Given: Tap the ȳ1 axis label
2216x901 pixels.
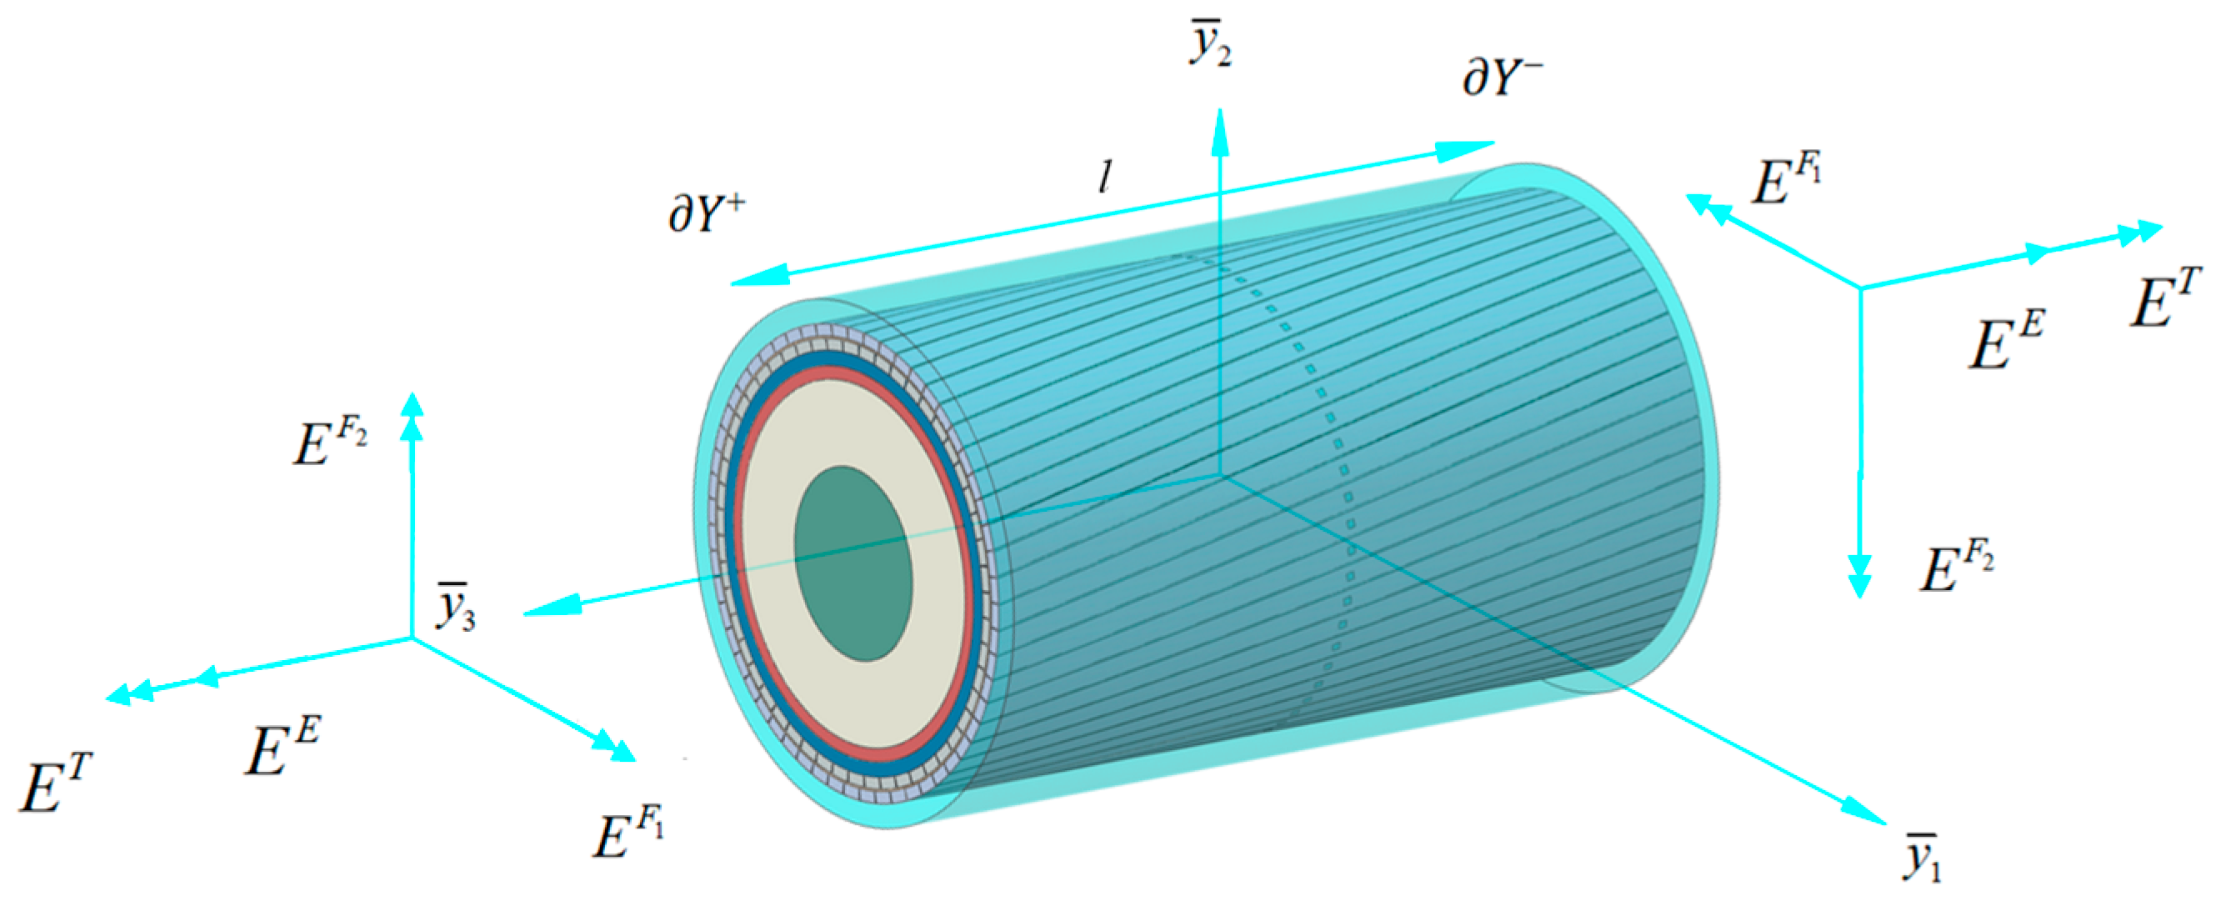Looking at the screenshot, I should point(1922,856).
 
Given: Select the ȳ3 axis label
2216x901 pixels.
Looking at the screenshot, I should point(456,608).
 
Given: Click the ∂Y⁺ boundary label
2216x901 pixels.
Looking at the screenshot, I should point(706,214).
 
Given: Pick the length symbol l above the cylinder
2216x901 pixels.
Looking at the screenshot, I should point(1105,178).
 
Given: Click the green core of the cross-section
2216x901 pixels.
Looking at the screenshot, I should point(852,564).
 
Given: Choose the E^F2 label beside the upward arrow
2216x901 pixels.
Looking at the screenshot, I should point(330,446).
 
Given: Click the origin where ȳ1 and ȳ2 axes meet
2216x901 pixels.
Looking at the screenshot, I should point(1220,474).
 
